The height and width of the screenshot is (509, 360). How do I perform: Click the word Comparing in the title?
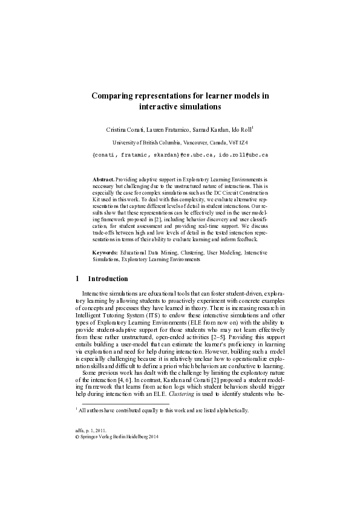tap(113, 96)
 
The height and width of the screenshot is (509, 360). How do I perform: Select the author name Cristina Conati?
tap(124, 129)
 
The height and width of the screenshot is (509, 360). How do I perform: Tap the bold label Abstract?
tap(103, 180)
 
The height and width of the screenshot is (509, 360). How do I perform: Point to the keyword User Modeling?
tap(224, 251)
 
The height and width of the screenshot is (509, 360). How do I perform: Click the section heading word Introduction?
tap(108, 279)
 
